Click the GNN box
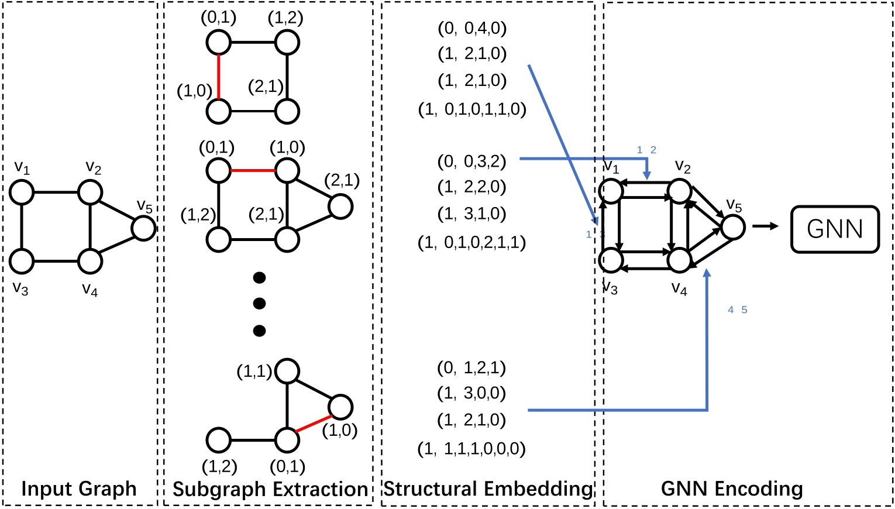pos(834,229)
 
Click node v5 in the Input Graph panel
pos(143,228)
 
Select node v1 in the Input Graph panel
pos(22,192)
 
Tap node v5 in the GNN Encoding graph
pos(733,227)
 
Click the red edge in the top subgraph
pos(218,77)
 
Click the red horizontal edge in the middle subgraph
pos(253,171)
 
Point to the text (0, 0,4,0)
pos(472,27)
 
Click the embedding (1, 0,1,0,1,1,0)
pos(472,109)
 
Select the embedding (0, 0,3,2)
pos(472,161)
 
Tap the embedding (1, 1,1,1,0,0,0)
pos(471,449)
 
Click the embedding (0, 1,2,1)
pos(471,367)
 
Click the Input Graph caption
pos(79,489)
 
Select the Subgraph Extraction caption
pos(270,489)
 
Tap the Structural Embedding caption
pos(488,489)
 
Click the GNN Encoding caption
pos(732,489)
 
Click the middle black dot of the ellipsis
pos(259,304)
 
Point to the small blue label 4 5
pos(737,310)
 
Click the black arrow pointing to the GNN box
pos(766,226)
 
